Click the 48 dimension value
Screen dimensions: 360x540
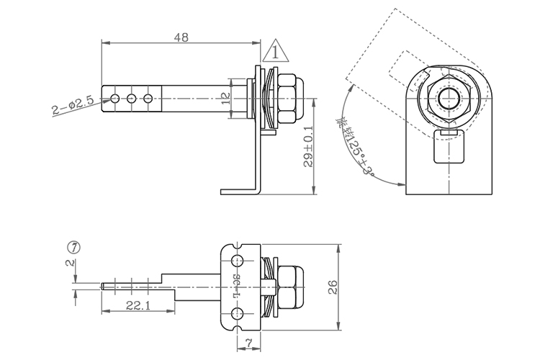181,38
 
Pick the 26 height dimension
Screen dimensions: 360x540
333,287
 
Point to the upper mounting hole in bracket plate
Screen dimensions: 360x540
237,261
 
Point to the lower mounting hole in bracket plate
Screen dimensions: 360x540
237,312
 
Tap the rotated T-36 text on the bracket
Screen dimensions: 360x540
235,286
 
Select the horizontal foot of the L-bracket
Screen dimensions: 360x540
238,191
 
